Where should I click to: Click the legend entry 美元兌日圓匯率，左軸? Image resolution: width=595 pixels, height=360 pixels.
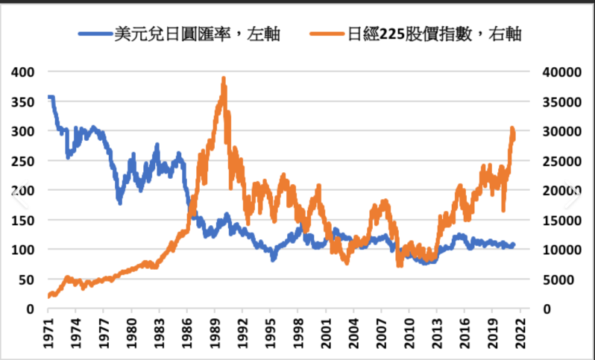[198, 34]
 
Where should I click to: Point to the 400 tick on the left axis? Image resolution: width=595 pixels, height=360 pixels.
[25, 72]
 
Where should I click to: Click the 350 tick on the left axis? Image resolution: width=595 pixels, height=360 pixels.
[25, 101]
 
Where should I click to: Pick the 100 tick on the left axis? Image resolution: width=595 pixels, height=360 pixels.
[25, 250]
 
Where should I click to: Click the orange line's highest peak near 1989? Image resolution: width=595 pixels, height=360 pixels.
[223, 78]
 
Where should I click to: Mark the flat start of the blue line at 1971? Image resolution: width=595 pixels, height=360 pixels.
[51, 97]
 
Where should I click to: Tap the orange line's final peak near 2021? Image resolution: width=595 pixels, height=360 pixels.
[512, 128]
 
